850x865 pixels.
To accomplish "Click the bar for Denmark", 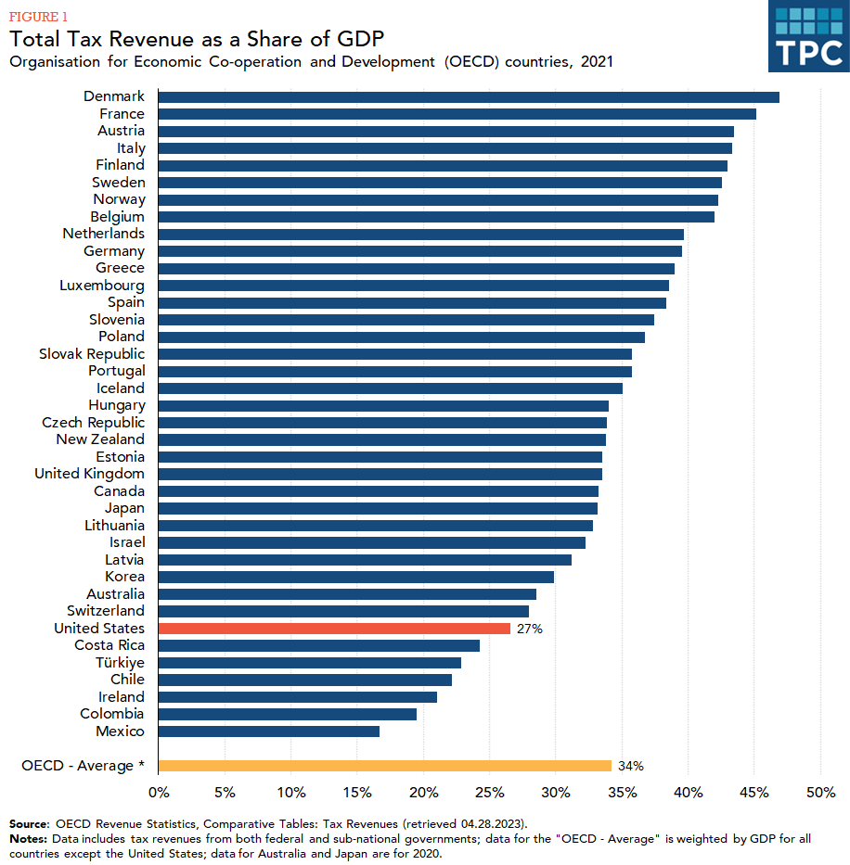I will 469,97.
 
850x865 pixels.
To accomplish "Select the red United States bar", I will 334,629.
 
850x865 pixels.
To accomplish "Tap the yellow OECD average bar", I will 385,766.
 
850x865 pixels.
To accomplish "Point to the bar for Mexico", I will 269,731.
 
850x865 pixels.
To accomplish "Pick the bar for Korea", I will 356,577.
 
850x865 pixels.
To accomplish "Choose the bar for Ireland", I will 298,697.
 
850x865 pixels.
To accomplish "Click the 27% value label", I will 530,629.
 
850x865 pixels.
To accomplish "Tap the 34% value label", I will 630,766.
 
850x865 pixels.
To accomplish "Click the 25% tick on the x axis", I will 489,793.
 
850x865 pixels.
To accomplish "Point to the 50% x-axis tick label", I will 820,793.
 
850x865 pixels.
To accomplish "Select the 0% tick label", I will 159,793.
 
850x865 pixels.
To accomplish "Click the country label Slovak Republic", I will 92,354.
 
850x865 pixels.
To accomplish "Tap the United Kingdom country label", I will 89,474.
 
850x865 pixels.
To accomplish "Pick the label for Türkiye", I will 120,663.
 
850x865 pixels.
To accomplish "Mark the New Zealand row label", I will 100,439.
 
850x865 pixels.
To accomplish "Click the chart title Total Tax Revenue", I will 197,39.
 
